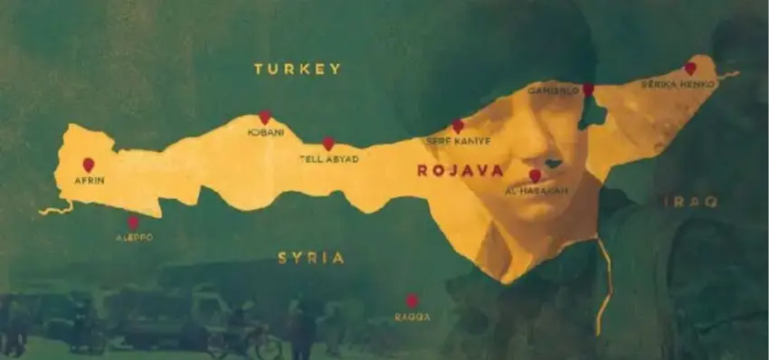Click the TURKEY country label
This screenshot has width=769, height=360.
pyautogui.click(x=297, y=69)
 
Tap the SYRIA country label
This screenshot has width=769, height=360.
pyautogui.click(x=311, y=258)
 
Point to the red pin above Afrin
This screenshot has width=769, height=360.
pyautogui.click(x=89, y=165)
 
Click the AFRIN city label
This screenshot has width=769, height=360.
pyautogui.click(x=90, y=181)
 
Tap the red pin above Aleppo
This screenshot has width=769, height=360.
pyautogui.click(x=133, y=222)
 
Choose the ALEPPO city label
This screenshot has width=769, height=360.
pyautogui.click(x=134, y=238)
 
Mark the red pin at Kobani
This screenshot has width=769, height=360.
pyautogui.click(x=265, y=117)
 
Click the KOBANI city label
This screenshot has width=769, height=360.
pyautogui.click(x=266, y=132)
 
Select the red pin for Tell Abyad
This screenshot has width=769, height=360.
pyautogui.click(x=328, y=143)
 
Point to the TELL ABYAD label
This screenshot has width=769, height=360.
pyautogui.click(x=329, y=159)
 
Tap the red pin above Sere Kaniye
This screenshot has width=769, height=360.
pyautogui.click(x=458, y=126)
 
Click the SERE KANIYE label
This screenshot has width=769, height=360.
pyautogui.click(x=459, y=141)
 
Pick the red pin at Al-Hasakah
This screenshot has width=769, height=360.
pyautogui.click(x=535, y=175)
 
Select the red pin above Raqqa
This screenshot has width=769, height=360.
pyautogui.click(x=412, y=301)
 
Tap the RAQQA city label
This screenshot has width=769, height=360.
pyautogui.click(x=413, y=317)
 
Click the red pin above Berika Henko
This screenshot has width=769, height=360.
pyautogui.click(x=690, y=68)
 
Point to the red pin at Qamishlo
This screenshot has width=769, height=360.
pyautogui.click(x=588, y=90)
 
